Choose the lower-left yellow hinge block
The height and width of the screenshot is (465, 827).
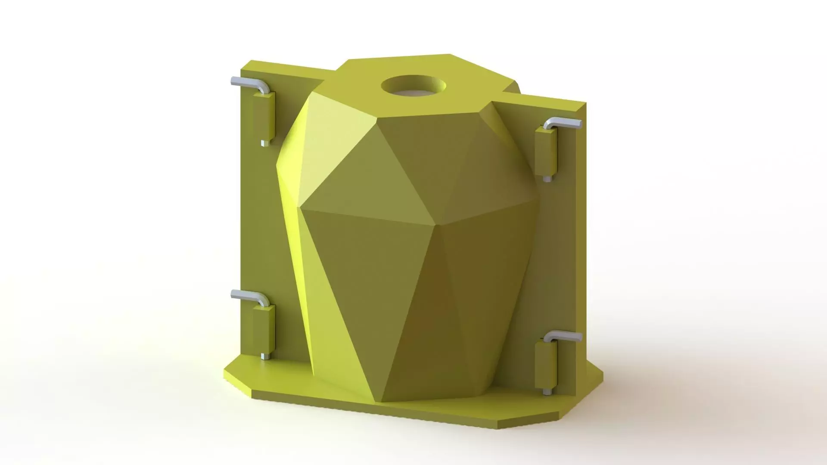pyautogui.click(x=263, y=329)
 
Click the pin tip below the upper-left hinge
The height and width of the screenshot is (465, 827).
pyautogui.click(x=264, y=143)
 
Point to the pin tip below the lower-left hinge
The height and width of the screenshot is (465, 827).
pyautogui.click(x=264, y=356)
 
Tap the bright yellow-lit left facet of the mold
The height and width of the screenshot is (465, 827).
pyautogui.click(x=297, y=241)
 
